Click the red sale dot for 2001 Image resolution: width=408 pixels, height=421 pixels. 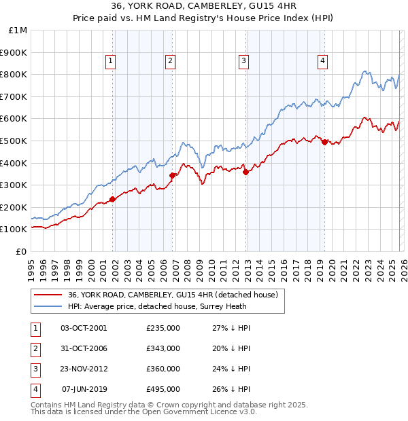pyautogui.click(x=113, y=199)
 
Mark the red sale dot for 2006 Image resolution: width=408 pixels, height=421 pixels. pyautogui.click(x=173, y=175)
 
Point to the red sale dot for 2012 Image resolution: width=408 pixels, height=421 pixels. pyautogui.click(x=245, y=172)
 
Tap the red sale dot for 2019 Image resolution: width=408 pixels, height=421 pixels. pyautogui.click(x=324, y=142)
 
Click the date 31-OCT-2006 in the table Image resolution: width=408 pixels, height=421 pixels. pyautogui.click(x=84, y=348)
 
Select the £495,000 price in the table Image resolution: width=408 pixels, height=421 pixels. pyautogui.click(x=163, y=389)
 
